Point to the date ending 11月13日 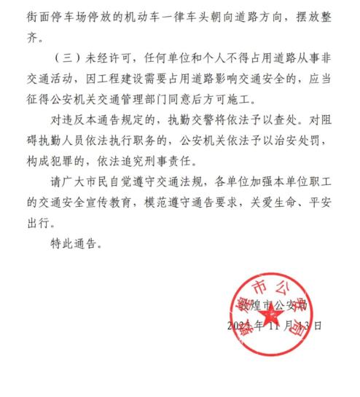[275, 326]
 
